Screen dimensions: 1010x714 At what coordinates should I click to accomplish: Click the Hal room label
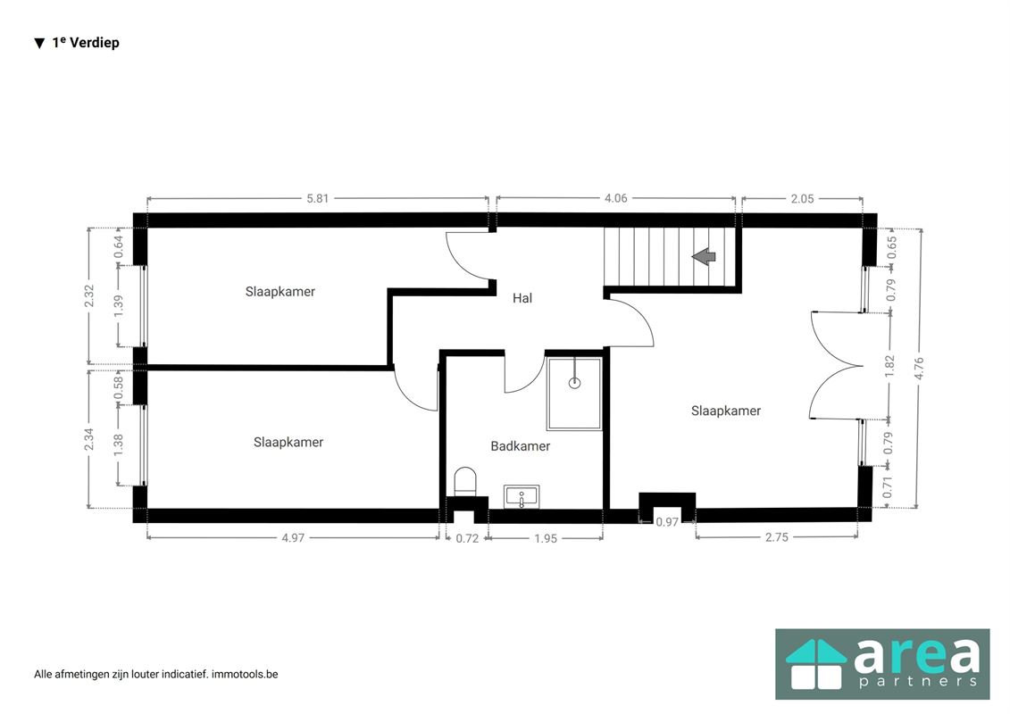[x=522, y=298]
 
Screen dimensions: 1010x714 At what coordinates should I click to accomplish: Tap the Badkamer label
[x=521, y=445]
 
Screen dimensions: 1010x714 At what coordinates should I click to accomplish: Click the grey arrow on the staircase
[x=704, y=256]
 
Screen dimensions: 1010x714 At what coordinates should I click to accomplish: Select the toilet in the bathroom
[x=465, y=482]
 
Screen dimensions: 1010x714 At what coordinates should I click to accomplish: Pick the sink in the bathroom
[x=522, y=496]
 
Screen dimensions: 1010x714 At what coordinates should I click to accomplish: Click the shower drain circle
[x=574, y=384]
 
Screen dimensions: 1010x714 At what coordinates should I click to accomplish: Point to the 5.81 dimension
[x=318, y=198]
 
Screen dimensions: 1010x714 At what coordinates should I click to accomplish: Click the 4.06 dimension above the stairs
[x=615, y=198]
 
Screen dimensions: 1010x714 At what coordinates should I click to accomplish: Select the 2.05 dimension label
[x=803, y=198]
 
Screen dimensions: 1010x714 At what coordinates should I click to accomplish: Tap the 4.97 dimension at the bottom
[x=293, y=537]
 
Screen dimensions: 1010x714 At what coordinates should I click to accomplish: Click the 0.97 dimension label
[x=667, y=522]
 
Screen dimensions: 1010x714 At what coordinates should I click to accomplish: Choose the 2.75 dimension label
[x=777, y=537]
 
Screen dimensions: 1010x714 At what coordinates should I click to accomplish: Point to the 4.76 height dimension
[x=919, y=369]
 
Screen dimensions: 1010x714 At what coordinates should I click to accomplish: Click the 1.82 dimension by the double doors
[x=889, y=366]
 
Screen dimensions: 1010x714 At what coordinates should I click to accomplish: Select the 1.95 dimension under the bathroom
[x=546, y=538]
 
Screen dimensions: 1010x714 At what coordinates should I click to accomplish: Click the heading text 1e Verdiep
[x=86, y=43]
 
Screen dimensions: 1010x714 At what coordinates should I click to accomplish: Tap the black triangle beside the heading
[x=40, y=43]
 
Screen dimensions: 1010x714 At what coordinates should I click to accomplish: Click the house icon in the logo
[x=816, y=664]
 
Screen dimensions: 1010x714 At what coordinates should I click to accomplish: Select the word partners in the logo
[x=919, y=681]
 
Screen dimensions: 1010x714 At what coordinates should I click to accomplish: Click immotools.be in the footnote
[x=245, y=674]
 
